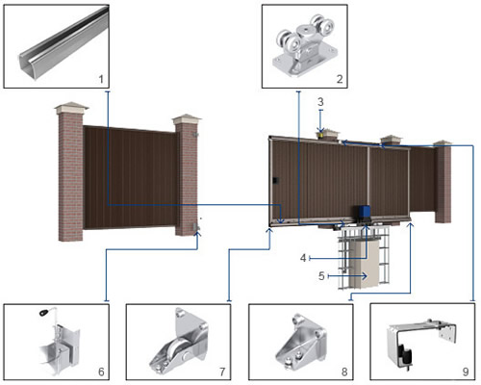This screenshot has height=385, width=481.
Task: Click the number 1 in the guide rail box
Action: pos(101,79)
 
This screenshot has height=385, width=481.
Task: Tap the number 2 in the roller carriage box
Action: pos(340,79)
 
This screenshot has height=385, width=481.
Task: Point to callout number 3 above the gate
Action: pos(320,102)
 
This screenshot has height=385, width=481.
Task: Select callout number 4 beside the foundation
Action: pos(303,258)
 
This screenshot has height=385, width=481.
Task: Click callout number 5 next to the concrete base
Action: pos(321,275)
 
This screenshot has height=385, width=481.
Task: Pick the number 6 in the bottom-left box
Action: pos(101,372)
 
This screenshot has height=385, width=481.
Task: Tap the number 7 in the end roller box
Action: pos(222,372)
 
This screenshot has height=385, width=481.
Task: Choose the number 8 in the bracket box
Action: pos(344,372)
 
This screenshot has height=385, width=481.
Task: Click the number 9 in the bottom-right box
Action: pos(466,372)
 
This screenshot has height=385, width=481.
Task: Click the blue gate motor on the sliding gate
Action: pos(362,213)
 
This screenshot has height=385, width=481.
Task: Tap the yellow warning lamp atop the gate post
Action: pos(320,136)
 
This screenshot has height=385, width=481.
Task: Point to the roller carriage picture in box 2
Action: pos(304,45)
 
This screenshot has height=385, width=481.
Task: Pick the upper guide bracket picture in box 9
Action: pos(422,344)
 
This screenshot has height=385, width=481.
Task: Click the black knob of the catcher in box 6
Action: pos(44,312)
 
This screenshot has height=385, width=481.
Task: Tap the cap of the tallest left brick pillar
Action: pos(71,108)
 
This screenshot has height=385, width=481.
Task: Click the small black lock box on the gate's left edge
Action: pos(276,180)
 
